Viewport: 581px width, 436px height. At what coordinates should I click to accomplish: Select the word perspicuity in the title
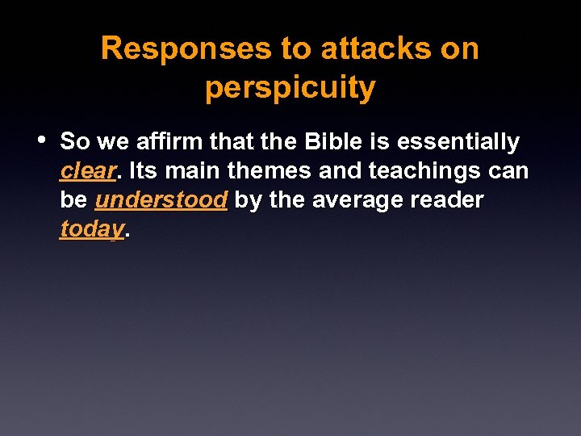pos(290,88)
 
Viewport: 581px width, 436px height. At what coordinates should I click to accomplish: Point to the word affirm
pos(166,142)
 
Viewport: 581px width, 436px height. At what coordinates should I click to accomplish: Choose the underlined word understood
pos(161,200)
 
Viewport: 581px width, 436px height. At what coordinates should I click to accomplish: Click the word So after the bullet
pos(75,142)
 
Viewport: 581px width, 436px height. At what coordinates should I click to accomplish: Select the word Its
pos(144,171)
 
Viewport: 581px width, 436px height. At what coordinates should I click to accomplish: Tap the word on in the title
pos(461,49)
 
